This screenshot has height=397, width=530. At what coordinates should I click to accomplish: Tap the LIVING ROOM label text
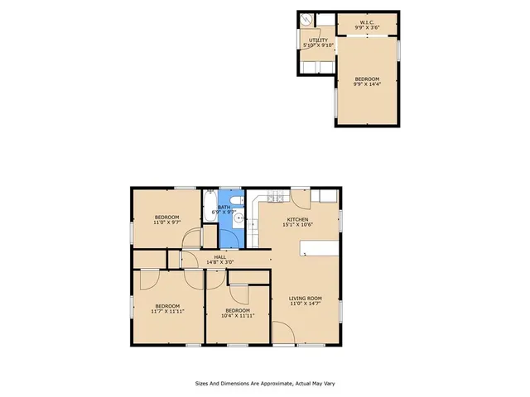point(305,298)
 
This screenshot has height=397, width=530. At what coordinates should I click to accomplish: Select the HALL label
point(220,257)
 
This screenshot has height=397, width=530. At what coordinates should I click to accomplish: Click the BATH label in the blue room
point(224,208)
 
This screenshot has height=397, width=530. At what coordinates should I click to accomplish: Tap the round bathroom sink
point(238,219)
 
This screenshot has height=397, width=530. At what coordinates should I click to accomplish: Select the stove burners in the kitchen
point(274,198)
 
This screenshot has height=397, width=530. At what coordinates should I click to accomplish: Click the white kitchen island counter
point(319,246)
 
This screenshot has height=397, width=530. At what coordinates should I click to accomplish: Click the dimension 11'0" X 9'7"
point(166,222)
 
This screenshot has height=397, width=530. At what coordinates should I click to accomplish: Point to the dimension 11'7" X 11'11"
point(167,311)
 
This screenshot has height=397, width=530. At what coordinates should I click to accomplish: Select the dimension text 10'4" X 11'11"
point(238,315)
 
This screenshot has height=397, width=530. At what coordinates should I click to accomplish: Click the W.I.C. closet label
point(366,23)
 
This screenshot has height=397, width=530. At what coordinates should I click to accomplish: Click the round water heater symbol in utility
point(307,21)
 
